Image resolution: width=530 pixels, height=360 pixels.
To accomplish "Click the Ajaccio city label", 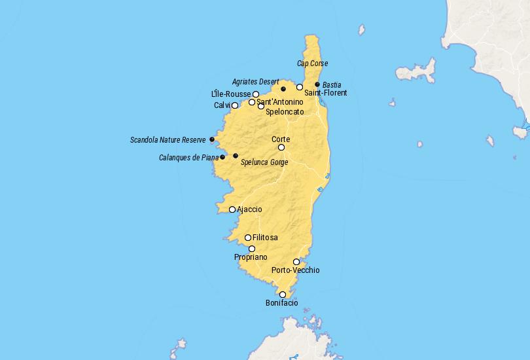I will tap(249, 209).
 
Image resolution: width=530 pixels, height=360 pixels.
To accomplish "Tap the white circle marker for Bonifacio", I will tap(283, 295).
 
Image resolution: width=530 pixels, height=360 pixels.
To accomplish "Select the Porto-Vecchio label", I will tap(295, 270).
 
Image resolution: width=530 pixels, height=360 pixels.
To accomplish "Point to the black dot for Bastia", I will tap(317, 84).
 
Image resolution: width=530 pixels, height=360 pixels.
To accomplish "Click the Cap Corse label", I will tap(312, 63).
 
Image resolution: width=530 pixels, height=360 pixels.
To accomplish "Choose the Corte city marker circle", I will tap(281, 147).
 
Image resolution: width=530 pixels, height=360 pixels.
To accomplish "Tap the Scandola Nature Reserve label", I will tap(168, 140).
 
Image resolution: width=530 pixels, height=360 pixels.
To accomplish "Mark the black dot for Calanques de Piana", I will tap(222, 157).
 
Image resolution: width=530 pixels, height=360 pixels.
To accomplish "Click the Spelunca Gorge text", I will tap(264, 162).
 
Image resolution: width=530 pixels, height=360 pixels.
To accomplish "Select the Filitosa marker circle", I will tap(248, 238).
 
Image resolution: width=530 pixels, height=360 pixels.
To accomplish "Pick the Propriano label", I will tap(251, 258).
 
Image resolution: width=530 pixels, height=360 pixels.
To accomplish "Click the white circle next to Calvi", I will tap(235, 105).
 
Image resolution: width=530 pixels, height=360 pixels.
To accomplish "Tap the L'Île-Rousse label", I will tap(231, 94).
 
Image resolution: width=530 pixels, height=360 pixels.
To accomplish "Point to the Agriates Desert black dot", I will tap(283, 89).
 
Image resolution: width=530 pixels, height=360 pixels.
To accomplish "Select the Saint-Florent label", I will tap(326, 93).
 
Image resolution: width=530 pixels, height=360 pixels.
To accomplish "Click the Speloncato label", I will tap(285, 112).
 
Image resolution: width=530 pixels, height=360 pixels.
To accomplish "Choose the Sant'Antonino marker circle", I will tap(252, 102).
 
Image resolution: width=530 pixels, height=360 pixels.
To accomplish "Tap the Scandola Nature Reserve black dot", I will tap(212, 139).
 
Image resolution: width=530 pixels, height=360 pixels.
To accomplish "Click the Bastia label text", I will tap(332, 85).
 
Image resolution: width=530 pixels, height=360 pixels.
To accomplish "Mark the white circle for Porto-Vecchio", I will tap(296, 262).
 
